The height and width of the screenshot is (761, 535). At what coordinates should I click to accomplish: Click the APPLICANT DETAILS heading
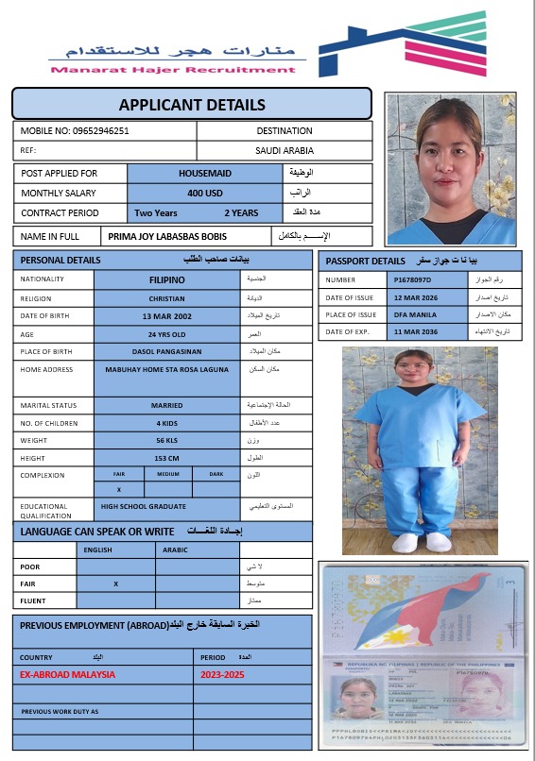tap(192, 105)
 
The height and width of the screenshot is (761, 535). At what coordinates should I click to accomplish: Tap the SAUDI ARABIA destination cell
tap(285, 150)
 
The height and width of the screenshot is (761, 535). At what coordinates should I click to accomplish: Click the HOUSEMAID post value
tap(205, 174)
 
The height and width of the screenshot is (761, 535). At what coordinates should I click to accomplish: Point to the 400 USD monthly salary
tap(205, 193)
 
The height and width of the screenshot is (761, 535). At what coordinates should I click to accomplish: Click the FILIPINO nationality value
tap(167, 279)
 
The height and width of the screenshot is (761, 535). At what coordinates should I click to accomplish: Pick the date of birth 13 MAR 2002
tap(167, 315)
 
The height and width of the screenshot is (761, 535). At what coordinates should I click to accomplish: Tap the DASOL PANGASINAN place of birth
tap(167, 351)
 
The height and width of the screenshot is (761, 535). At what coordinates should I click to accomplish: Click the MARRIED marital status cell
tap(167, 405)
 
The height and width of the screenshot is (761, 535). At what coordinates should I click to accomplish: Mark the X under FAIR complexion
tap(119, 490)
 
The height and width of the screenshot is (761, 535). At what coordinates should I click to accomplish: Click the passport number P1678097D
tap(412, 280)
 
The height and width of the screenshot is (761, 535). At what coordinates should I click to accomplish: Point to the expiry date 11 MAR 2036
tap(412, 331)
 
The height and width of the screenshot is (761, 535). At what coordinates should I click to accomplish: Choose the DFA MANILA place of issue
tap(412, 314)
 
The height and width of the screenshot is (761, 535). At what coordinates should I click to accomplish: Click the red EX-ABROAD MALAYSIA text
tap(68, 674)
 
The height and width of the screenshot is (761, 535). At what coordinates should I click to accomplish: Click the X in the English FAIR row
tap(115, 583)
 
